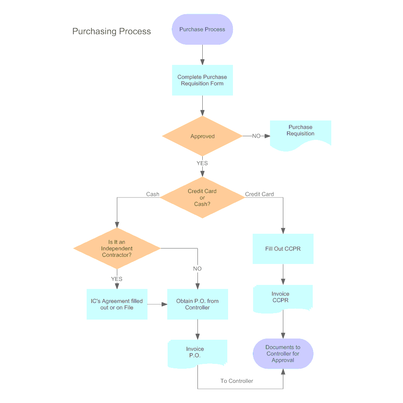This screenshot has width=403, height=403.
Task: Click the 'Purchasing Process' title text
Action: [x=111, y=31]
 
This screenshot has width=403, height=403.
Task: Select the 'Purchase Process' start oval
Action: [x=202, y=29]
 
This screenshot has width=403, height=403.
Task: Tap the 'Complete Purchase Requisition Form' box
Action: [x=202, y=80]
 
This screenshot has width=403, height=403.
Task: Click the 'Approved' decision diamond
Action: [x=202, y=136]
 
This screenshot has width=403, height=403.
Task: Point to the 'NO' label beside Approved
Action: [x=256, y=136]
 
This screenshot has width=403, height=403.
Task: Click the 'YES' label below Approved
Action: [x=202, y=163]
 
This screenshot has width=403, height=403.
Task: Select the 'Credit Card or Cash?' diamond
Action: [x=202, y=197]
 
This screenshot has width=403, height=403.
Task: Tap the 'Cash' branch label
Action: [x=153, y=194]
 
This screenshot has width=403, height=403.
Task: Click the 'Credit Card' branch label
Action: [x=260, y=194]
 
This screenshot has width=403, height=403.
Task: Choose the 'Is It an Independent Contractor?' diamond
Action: [x=117, y=249]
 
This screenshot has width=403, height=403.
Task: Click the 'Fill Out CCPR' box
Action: [x=283, y=249]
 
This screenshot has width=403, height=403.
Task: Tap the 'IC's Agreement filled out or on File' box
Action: [x=117, y=304]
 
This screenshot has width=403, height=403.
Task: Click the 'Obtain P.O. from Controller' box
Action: [x=197, y=304]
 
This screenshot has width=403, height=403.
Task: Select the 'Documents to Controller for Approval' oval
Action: [x=283, y=353]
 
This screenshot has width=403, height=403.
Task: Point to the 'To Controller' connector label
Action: [x=237, y=381]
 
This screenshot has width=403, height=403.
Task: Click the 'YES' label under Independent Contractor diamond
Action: [x=117, y=279]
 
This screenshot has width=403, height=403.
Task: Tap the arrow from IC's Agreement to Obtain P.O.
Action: [x=157, y=304]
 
